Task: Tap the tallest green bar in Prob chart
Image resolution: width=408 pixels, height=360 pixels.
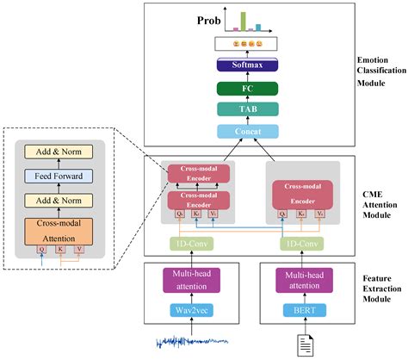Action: pos(243,20)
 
